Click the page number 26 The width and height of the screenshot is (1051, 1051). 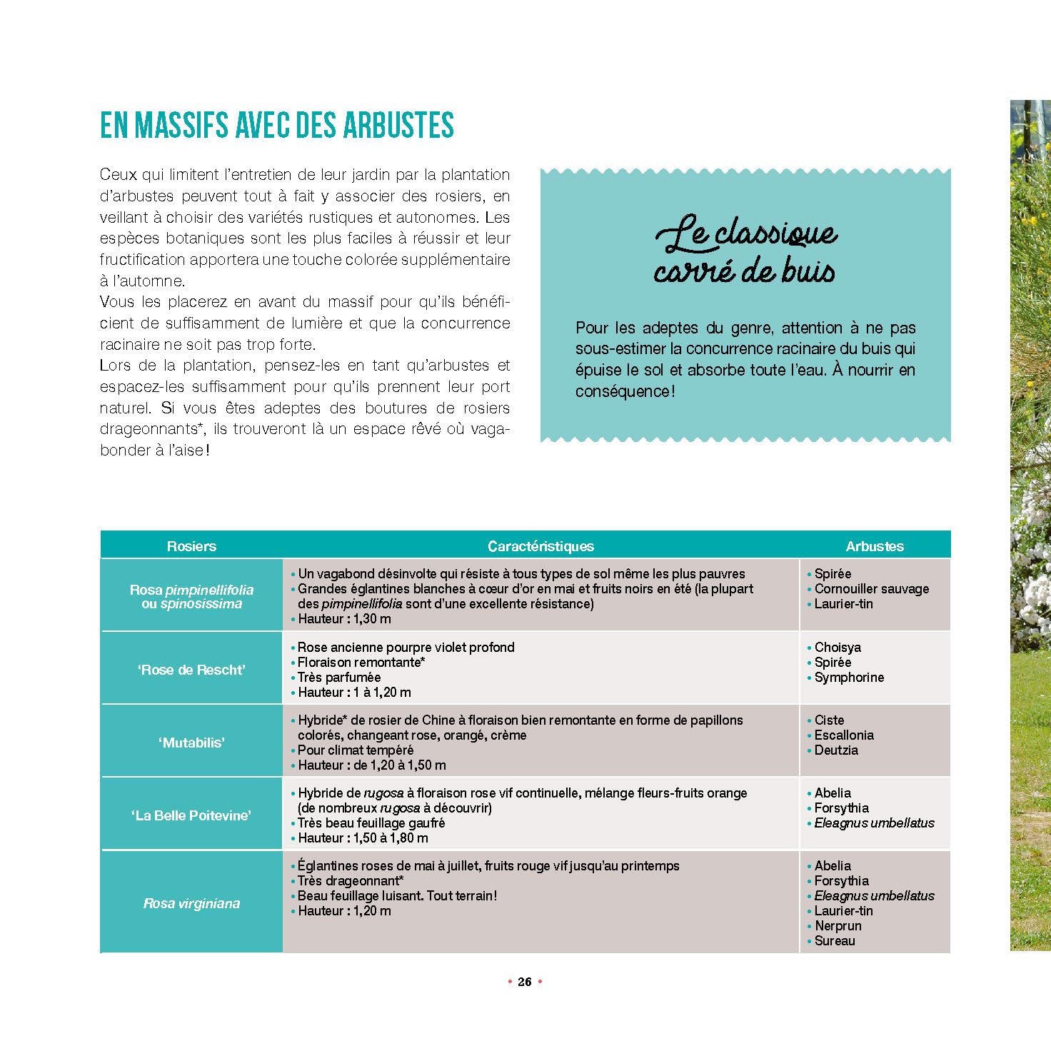tap(525, 982)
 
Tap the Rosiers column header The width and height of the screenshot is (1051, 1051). tap(191, 546)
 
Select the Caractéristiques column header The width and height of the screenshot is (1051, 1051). tap(540, 546)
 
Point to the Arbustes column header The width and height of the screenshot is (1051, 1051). tap(875, 546)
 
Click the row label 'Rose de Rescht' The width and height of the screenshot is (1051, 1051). tap(191, 670)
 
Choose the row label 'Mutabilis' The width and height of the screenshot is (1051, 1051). tap(191, 743)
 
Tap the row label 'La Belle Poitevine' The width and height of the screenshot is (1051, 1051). tap(191, 815)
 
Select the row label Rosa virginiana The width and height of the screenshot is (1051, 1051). tap(191, 903)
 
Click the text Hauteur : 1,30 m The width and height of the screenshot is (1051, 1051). tap(344, 619)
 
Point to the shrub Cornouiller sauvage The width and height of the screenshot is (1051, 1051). tap(872, 589)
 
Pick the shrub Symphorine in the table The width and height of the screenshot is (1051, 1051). tap(849, 678)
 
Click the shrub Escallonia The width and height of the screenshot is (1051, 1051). tap(844, 735)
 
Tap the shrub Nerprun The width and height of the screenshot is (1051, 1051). tap(838, 926)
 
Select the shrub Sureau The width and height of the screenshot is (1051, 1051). tap(835, 941)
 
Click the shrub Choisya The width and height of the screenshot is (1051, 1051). tap(838, 648)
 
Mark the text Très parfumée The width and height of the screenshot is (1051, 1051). tap(339, 678)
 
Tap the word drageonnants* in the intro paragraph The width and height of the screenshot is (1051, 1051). tap(148, 429)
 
